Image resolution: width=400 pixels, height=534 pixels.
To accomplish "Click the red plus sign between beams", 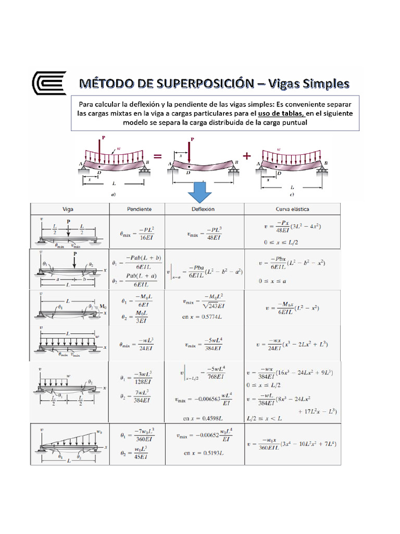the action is [x=246, y=155].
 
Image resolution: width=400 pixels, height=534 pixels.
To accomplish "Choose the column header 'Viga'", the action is [x=67, y=209].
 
